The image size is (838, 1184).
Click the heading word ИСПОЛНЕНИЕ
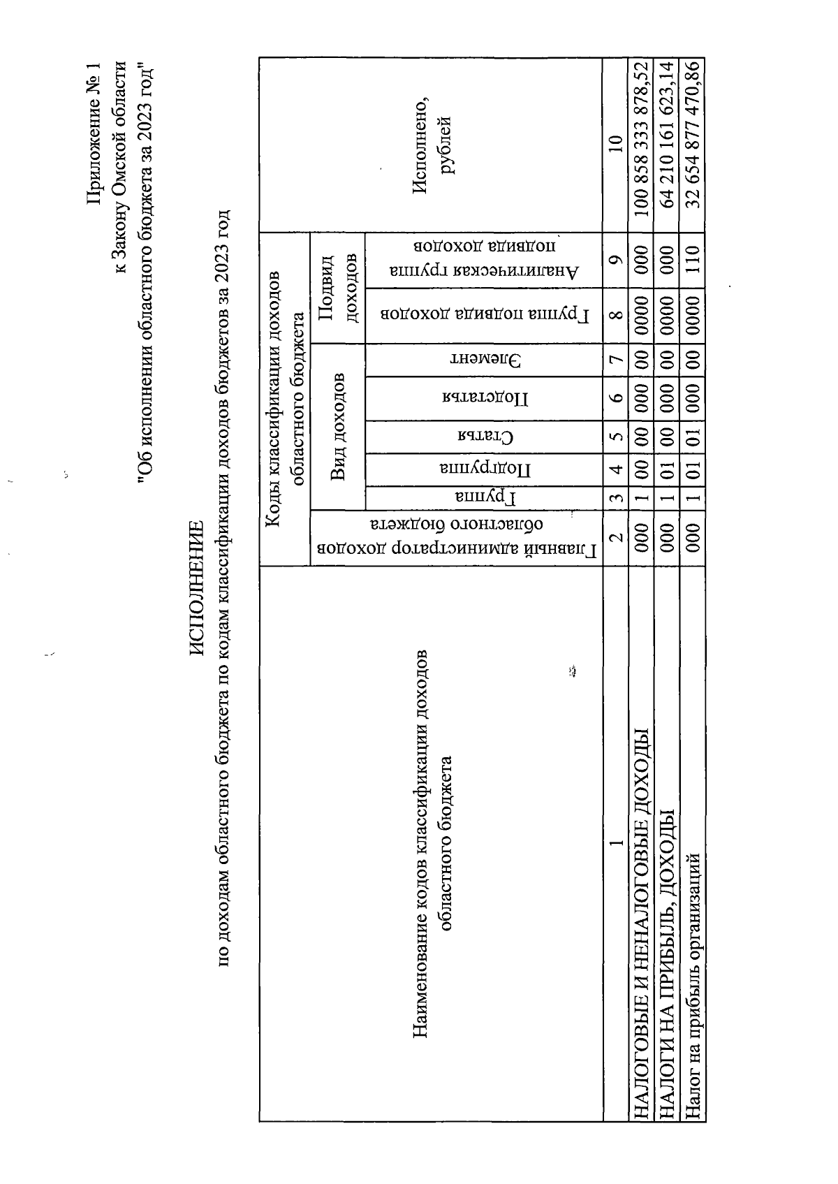[x=196, y=588]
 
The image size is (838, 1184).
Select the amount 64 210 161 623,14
[x=667, y=135]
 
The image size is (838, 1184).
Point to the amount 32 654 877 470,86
[x=692, y=135]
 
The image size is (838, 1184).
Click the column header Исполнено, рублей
[x=433, y=145]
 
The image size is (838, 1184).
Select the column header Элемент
[x=485, y=360]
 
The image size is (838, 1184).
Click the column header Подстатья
[x=485, y=398]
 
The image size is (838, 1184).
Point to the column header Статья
[x=485, y=437]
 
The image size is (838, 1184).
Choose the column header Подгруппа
[x=485, y=469]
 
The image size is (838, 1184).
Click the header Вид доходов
[x=338, y=427]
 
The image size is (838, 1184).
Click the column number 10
[x=615, y=145]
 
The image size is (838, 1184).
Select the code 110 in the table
[x=692, y=260]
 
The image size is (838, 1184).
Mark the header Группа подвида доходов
[x=485, y=315]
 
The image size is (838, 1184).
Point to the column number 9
[x=615, y=260]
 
